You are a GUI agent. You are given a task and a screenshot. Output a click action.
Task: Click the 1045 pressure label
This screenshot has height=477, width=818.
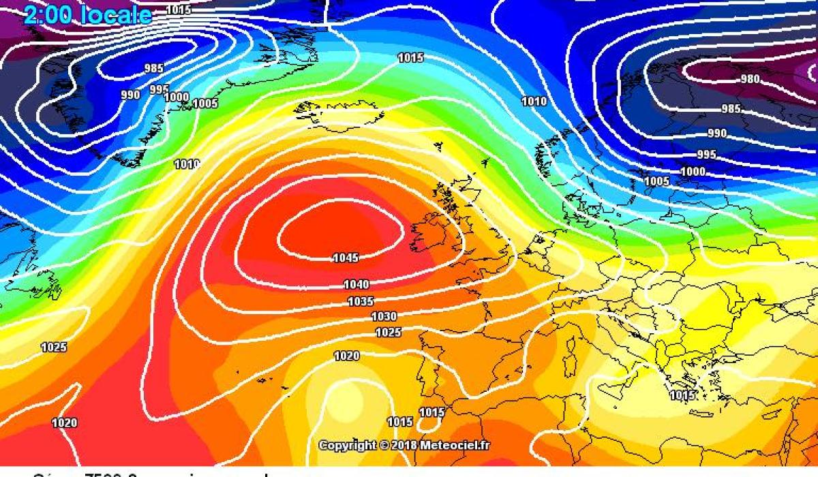click(346, 258)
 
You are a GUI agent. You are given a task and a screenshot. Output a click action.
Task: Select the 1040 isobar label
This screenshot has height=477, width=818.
click(357, 284)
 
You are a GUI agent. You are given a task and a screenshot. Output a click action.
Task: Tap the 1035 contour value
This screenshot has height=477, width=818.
click(361, 301)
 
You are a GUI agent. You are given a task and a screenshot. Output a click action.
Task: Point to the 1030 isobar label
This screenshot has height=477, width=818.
click(384, 316)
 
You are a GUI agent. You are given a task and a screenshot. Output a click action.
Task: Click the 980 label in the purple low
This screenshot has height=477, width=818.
click(749, 79)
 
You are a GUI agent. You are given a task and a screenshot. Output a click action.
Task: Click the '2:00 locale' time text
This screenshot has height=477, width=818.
click(87, 15)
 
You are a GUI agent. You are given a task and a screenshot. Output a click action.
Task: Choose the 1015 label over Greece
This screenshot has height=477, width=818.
click(682, 395)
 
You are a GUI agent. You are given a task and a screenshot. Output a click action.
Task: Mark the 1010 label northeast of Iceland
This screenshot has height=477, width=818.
click(534, 102)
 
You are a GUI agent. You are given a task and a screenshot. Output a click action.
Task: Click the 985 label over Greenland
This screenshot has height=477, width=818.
click(155, 68)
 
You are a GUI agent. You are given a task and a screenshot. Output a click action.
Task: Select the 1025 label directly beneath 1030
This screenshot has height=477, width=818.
click(389, 332)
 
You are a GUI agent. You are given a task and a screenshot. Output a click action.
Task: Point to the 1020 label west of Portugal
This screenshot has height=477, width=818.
click(346, 356)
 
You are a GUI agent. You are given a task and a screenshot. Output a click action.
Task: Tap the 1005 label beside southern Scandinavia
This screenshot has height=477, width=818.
click(657, 181)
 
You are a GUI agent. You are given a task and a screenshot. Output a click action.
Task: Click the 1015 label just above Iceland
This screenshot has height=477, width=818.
click(410, 58)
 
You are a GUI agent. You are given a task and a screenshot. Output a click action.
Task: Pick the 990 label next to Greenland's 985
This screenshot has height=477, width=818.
click(130, 95)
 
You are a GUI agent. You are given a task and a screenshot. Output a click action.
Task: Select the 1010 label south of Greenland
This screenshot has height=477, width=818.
click(187, 164)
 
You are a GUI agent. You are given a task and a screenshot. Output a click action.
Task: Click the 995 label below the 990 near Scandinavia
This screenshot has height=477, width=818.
click(706, 155)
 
